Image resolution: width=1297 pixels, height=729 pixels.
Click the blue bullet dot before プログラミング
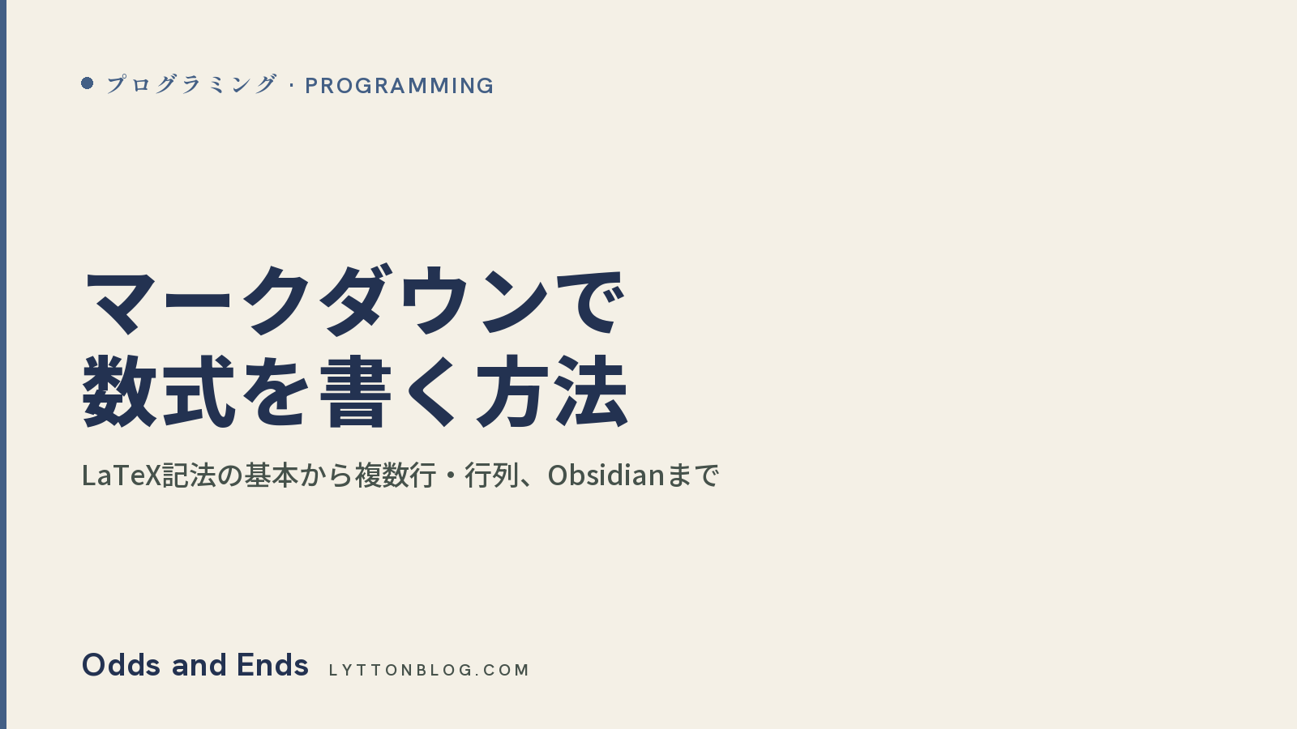pyautogui.click(x=88, y=83)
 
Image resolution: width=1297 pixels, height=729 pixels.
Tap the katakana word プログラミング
pyautogui.click(x=191, y=84)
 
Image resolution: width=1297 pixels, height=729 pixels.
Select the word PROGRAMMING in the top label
pyautogui.click(x=399, y=86)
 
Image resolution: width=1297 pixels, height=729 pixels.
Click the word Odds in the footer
pyautogui.click(x=121, y=665)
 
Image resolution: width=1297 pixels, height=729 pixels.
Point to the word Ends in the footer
pyautogui.click(x=272, y=665)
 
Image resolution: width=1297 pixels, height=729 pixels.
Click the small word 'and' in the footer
pyautogui.click(x=199, y=665)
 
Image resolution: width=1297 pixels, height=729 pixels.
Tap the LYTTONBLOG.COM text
pyautogui.click(x=429, y=670)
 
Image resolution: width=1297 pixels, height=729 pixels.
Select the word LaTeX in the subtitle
pyautogui.click(x=121, y=475)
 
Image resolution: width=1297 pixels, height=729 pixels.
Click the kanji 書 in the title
pyautogui.click(x=355, y=392)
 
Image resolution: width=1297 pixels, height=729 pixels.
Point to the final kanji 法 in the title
pyautogui.click(x=591, y=392)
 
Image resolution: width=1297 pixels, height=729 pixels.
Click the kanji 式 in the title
pyautogui.click(x=199, y=392)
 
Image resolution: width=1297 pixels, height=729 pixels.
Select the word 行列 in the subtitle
pyautogui.click(x=491, y=475)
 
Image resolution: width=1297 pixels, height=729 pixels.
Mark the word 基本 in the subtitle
pyautogui.click(x=271, y=475)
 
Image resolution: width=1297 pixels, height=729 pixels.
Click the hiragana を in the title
pyautogui.click(x=276, y=392)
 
